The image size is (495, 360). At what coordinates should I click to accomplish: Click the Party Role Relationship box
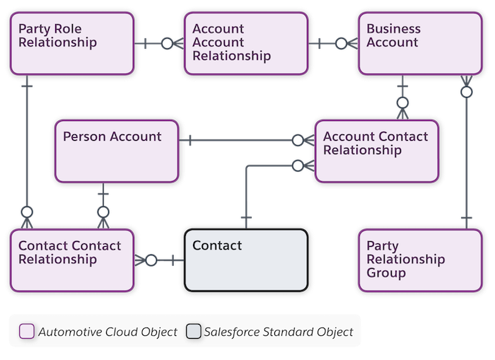pyautogui.click(x=71, y=43)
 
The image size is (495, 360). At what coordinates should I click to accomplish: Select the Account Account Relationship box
pyautogui.click(x=245, y=43)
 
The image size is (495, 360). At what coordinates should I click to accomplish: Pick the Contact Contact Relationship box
pyautogui.click(x=71, y=260)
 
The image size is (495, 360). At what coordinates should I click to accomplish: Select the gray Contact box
pyautogui.click(x=245, y=260)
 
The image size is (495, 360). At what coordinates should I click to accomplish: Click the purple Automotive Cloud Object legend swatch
pyautogui.click(x=27, y=332)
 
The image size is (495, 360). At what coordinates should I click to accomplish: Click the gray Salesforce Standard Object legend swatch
pyautogui.click(x=193, y=332)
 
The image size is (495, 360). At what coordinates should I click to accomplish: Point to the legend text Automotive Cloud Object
pyautogui.click(x=107, y=332)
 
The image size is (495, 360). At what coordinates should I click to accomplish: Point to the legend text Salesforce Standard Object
pyautogui.click(x=278, y=332)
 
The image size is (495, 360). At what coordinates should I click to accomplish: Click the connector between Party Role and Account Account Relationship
pyautogui.click(x=157, y=43)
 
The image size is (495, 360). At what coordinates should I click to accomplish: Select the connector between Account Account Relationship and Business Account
pyautogui.click(x=332, y=43)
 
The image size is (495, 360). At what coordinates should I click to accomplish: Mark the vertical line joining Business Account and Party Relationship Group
pyautogui.click(x=465, y=152)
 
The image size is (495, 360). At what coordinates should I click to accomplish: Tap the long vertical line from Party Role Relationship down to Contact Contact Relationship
pyautogui.click(x=27, y=149)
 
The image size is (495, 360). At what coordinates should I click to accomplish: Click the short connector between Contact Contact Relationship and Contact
pyautogui.click(x=159, y=260)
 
